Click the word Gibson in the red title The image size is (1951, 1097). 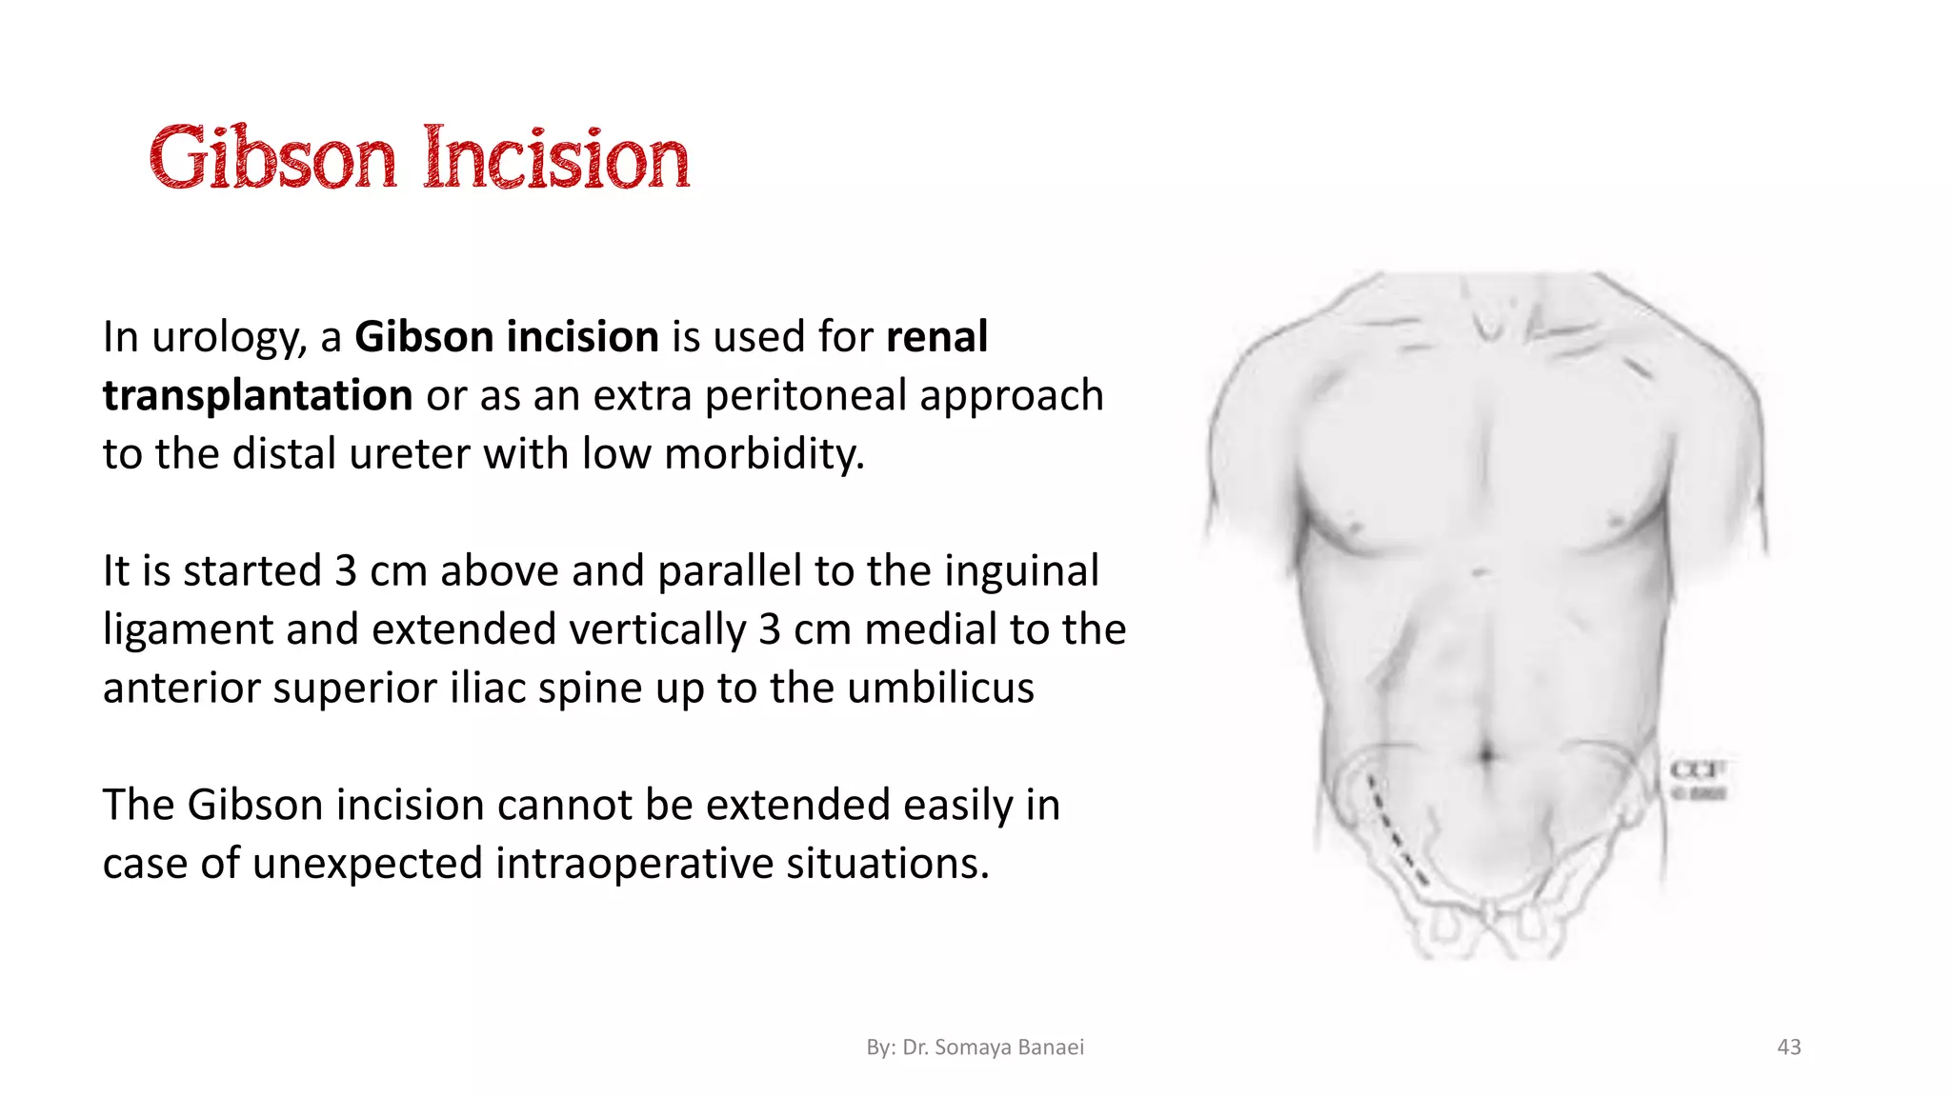point(272,158)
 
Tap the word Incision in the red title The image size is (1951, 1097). point(556,158)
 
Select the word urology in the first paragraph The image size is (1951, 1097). point(230,338)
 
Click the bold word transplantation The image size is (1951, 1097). point(257,396)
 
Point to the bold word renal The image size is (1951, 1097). point(936,337)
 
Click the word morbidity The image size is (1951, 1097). point(764,454)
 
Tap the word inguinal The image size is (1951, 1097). point(1020,571)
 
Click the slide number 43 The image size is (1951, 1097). point(1789,1047)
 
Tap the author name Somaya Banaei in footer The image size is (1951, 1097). point(1009,1047)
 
